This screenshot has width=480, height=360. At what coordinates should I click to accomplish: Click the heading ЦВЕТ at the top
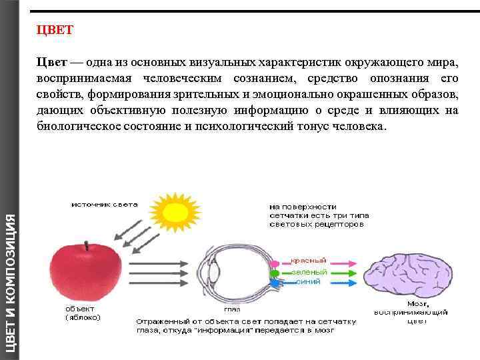55,31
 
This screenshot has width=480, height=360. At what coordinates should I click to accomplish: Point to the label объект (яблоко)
83,313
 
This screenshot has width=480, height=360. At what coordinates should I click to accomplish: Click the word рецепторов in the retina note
342,225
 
